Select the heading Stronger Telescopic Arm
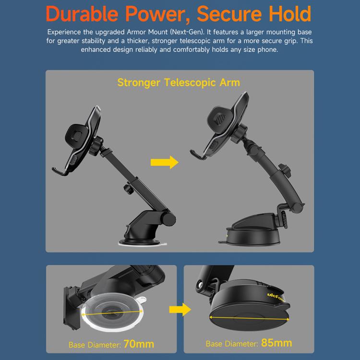point(179,83)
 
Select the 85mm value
point(276,344)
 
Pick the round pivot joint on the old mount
point(168,218)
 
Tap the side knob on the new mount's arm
point(288,171)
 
